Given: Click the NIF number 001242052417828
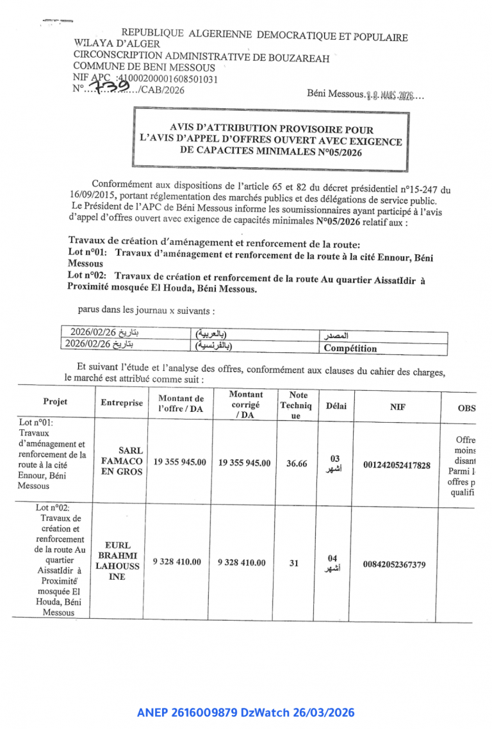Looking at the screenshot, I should (397, 465).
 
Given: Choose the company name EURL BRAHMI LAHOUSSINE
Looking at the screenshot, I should (117, 561).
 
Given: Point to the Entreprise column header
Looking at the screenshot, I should (122, 403).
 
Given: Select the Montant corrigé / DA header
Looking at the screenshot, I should (245, 405).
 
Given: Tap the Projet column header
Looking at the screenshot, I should (55, 402).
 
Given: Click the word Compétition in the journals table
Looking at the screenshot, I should (350, 348).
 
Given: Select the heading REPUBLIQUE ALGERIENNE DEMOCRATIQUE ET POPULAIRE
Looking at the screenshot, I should (264, 36).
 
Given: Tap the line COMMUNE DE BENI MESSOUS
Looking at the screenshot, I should (144, 66).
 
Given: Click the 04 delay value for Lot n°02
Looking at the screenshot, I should (332, 558).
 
